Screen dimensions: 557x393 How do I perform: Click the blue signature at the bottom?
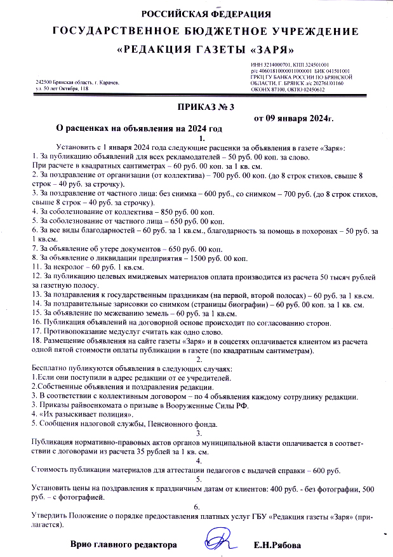219,542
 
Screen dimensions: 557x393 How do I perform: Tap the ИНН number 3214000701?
267,64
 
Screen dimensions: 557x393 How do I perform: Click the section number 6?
197,506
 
